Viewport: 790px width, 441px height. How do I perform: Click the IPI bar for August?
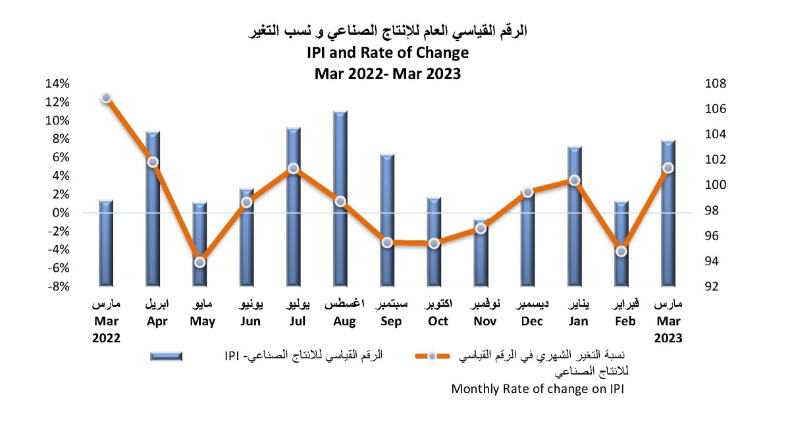tap(340, 197)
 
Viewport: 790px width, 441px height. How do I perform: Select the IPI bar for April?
tap(153, 208)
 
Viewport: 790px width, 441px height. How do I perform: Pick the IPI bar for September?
tap(387, 220)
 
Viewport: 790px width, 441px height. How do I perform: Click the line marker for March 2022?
tap(106, 98)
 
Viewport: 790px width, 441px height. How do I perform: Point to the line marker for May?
tap(200, 262)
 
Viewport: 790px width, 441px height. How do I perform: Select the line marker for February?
tap(621, 251)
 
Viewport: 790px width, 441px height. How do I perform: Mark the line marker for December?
tap(527, 192)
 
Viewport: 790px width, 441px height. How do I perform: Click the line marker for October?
tap(434, 243)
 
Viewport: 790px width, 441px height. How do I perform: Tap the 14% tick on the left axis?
tap(57, 84)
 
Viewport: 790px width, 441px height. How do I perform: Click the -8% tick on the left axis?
tap(57, 286)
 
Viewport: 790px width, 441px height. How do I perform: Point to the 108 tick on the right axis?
tap(716, 84)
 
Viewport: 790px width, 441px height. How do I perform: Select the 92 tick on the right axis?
tap(712, 286)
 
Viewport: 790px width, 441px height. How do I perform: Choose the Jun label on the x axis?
tap(250, 321)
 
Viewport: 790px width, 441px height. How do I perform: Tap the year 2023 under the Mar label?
tap(668, 337)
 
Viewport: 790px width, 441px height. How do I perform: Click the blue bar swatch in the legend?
tap(167, 356)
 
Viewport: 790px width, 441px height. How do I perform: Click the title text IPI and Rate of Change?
tap(387, 52)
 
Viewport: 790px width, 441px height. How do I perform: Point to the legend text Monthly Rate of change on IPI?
tap(537, 388)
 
